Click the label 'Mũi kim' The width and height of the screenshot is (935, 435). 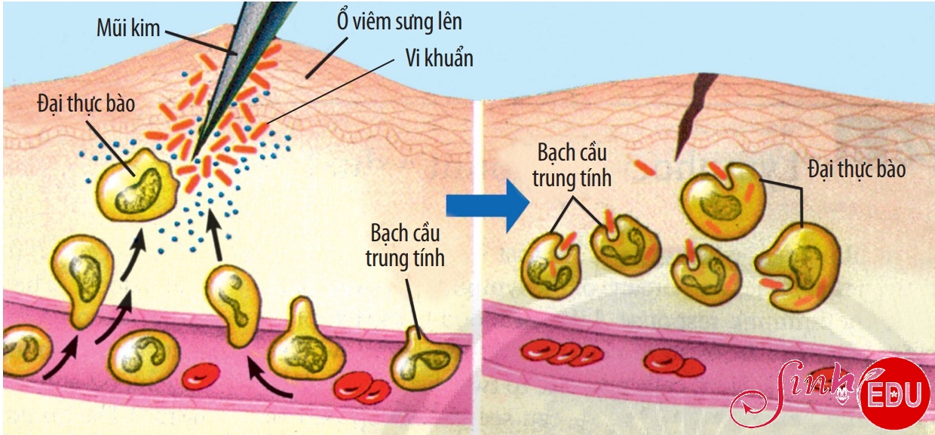pos(128,29)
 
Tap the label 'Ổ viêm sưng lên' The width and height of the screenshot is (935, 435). pos(400,21)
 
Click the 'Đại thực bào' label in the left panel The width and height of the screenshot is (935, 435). pos(86,103)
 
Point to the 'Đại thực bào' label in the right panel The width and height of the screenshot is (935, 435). pos(857,169)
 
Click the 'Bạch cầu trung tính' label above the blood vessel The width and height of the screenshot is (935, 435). pos(405,246)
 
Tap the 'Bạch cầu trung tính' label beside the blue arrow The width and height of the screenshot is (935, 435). pos(572,165)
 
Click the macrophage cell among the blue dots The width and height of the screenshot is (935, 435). pos(136,184)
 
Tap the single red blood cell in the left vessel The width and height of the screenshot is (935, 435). pos(201,376)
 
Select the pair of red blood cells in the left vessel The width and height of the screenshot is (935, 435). pos(362,388)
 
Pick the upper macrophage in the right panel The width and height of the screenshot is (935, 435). pos(723,201)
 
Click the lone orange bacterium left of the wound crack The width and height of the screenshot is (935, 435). pos(645,167)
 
